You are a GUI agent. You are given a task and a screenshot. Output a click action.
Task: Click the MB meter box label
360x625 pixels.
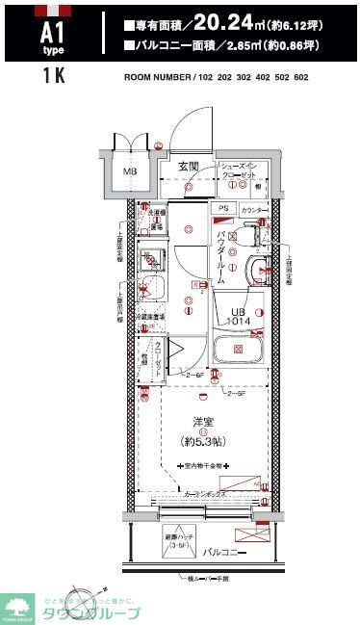click(128, 172)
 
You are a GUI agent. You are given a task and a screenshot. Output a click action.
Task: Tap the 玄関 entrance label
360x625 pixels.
click(188, 167)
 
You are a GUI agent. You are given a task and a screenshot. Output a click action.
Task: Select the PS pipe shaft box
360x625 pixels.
click(223, 208)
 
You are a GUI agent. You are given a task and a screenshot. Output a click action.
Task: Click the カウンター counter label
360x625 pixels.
click(254, 209)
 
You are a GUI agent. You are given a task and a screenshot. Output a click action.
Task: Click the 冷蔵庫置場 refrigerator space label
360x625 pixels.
click(150, 315)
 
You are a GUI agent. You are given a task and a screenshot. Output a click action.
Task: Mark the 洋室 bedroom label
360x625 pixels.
click(203, 420)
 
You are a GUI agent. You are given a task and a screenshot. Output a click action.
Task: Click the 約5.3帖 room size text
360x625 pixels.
click(203, 441)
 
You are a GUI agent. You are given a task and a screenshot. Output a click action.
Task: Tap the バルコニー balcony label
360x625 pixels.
click(223, 553)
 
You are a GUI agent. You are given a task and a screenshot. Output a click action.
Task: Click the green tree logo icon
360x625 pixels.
click(17, 604)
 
